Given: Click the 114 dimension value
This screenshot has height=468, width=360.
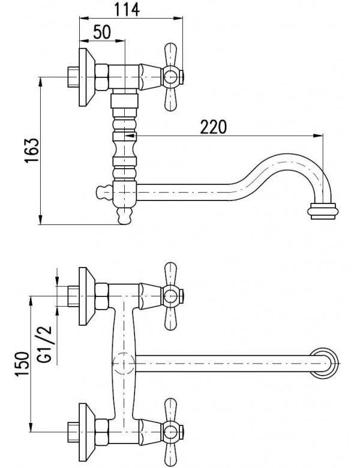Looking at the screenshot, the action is (127, 10).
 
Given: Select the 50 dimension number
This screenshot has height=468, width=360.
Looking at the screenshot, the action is (102, 32).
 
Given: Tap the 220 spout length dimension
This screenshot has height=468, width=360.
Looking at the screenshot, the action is (213, 127).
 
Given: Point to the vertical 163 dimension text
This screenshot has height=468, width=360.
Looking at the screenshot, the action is (32, 151).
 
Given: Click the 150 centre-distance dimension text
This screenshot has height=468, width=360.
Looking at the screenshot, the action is (23, 364).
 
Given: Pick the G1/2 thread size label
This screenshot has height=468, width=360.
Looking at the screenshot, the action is (44, 344).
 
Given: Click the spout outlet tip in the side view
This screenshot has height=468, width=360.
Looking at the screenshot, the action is (323, 211).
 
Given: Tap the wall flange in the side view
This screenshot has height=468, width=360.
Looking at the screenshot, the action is (87, 77).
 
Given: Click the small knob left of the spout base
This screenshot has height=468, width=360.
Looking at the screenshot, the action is (104, 192).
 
